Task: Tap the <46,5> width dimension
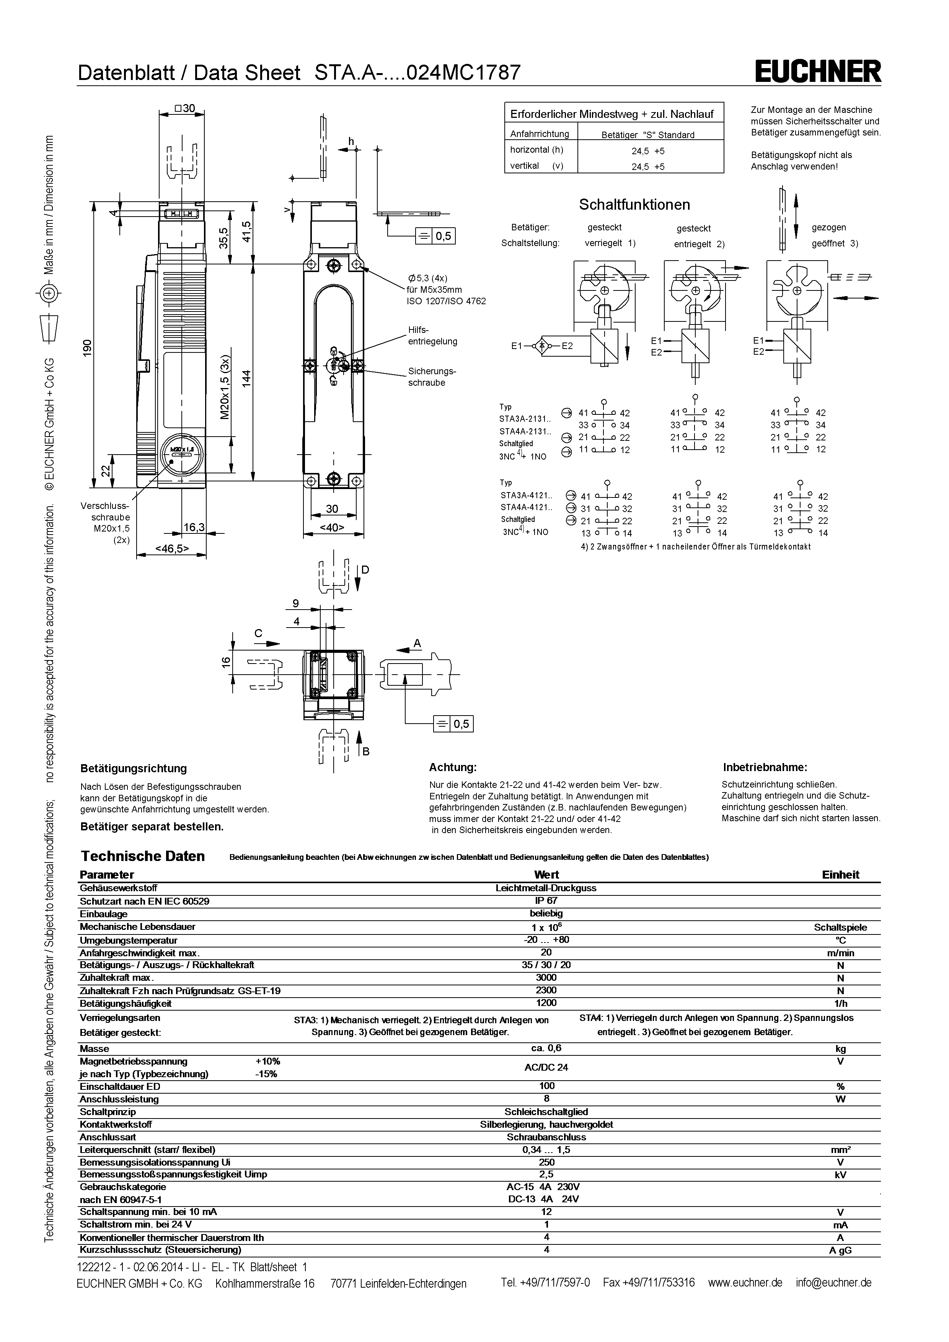click(171, 548)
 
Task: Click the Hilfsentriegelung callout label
click(432, 336)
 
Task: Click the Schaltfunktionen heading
click(634, 205)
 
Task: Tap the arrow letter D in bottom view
click(365, 569)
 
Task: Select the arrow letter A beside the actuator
click(417, 643)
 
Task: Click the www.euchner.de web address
click(745, 1282)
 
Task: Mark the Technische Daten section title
click(143, 856)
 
